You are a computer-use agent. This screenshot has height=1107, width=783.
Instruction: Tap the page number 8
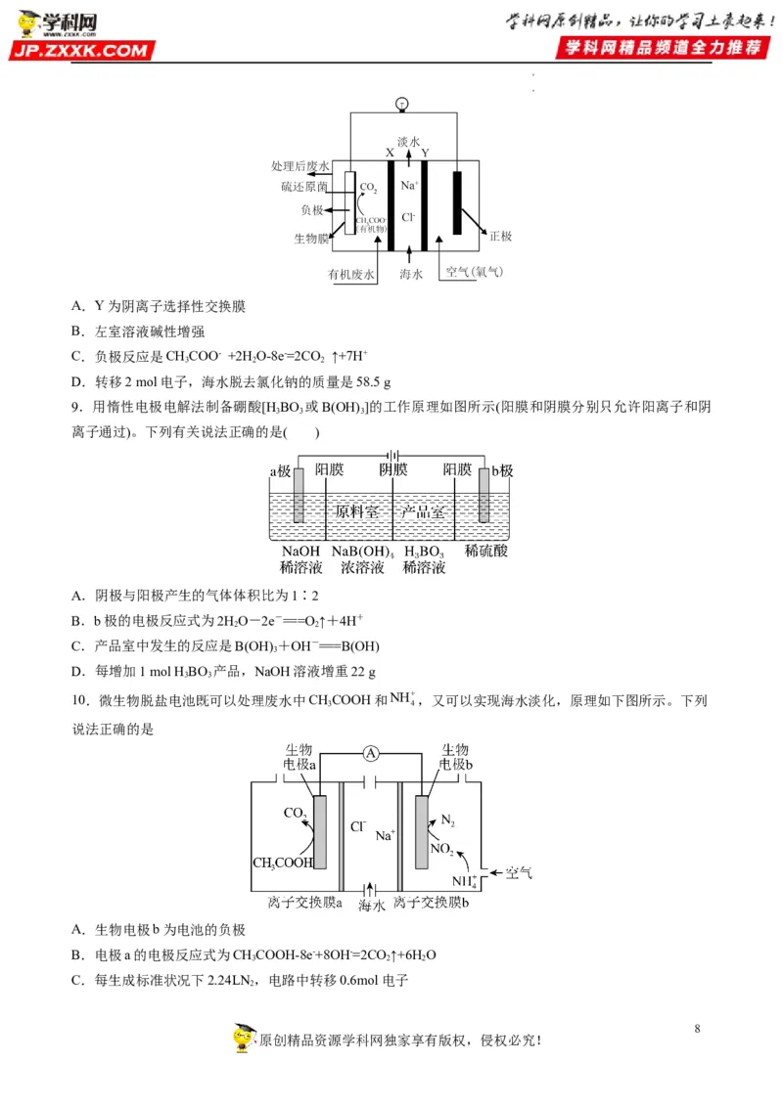[x=697, y=1029]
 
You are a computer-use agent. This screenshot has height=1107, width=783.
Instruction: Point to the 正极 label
[x=500, y=237]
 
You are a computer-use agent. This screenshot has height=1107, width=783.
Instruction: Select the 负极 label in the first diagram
[x=311, y=210]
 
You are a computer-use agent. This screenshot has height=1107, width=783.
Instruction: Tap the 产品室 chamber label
[x=423, y=510]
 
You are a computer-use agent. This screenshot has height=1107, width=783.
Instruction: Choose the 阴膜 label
[x=392, y=470]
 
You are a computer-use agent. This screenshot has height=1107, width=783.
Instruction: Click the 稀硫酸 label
[x=486, y=552]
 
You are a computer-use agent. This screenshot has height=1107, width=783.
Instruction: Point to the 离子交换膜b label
[x=432, y=901]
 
